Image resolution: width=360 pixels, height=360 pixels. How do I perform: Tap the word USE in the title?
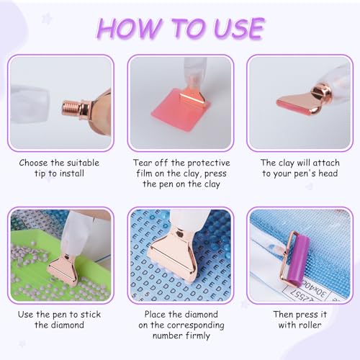(239, 29)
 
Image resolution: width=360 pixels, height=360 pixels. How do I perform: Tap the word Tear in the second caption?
(142, 163)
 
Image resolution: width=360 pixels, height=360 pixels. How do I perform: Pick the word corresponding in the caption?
(196, 325)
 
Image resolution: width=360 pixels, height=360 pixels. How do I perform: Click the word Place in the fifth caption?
(155, 315)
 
